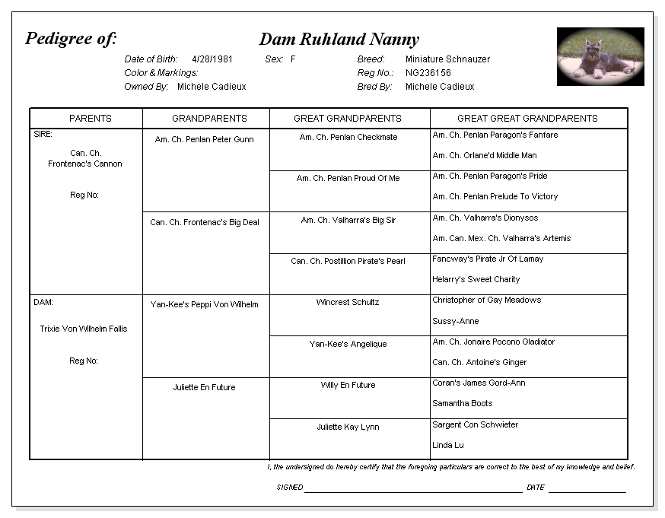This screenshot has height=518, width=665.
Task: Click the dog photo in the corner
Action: (x=600, y=56)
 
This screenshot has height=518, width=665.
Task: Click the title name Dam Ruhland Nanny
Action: (x=339, y=40)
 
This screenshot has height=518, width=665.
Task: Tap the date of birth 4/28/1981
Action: (x=212, y=59)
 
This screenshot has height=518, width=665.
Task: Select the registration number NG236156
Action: (x=428, y=73)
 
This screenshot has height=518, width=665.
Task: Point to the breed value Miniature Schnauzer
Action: (x=447, y=59)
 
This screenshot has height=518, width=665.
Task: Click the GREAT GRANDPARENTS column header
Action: (x=348, y=119)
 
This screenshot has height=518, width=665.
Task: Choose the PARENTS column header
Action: (x=90, y=119)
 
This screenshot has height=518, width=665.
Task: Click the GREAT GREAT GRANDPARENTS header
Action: (x=527, y=119)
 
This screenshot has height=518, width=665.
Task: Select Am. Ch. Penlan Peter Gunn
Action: (x=204, y=140)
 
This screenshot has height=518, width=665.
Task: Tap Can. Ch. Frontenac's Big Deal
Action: (x=204, y=223)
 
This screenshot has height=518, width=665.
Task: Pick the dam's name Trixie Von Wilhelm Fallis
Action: (x=84, y=329)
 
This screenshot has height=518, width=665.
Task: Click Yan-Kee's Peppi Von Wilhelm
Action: (x=204, y=305)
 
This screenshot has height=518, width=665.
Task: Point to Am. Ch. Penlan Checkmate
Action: (x=348, y=138)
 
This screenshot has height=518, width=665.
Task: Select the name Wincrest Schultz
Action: (x=348, y=303)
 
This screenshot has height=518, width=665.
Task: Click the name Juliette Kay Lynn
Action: (x=348, y=427)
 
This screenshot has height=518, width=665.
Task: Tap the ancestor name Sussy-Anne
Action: (x=456, y=322)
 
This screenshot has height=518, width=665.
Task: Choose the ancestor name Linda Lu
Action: (x=448, y=446)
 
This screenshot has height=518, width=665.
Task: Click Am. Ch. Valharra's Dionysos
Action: (x=485, y=218)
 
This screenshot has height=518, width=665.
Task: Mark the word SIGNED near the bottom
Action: (x=290, y=488)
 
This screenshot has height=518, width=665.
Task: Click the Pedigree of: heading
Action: (x=71, y=39)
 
